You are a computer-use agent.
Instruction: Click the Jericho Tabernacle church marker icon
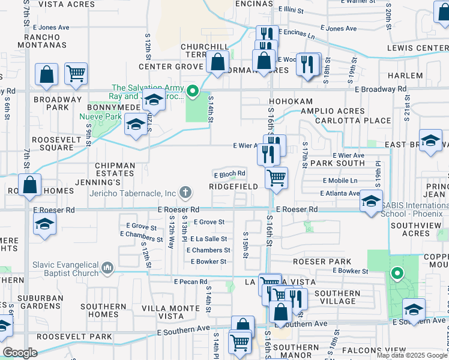pyautogui.click(x=186, y=193)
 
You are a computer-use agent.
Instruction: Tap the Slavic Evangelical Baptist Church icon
pyautogui.click(x=107, y=266)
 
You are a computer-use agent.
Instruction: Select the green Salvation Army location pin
pyautogui.click(x=192, y=92)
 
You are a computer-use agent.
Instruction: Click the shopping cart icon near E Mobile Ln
pyautogui.click(x=276, y=177)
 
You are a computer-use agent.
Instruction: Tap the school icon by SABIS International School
pyautogui.click(x=372, y=200)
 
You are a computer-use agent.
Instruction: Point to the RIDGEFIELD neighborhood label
pyautogui.click(x=234, y=187)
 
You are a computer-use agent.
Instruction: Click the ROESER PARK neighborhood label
pyautogui.click(x=322, y=262)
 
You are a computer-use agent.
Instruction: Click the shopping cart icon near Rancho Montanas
pyautogui.click(x=76, y=73)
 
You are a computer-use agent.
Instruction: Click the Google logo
pyautogui.click(x=20, y=353)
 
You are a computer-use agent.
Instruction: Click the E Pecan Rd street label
pyautogui.click(x=191, y=281)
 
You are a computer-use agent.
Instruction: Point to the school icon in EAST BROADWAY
pyautogui.click(x=430, y=142)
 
